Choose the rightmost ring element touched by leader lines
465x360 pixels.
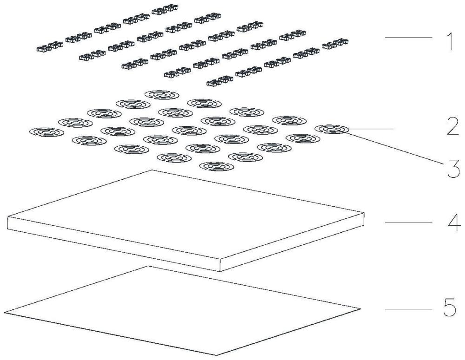332,129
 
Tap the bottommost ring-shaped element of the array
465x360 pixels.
217,166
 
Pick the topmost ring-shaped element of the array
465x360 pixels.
160,95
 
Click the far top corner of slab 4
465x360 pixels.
152,170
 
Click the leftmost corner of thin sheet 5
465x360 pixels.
5,311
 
